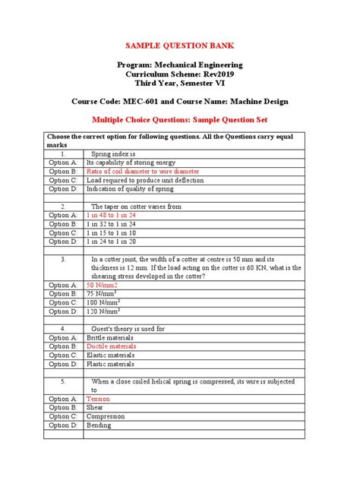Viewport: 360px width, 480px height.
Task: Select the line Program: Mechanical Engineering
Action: (179, 67)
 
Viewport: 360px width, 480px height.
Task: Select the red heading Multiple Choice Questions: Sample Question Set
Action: (179, 120)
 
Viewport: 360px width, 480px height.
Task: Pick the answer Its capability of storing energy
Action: (131, 162)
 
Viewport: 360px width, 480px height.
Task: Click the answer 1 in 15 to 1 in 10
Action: (111, 233)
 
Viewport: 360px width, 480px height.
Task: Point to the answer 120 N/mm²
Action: (104, 311)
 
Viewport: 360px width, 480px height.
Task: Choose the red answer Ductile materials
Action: (112, 346)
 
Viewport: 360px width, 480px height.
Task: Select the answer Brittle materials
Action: (111, 337)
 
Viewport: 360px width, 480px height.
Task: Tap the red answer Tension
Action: (98, 398)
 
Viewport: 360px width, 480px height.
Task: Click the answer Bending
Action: (99, 425)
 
